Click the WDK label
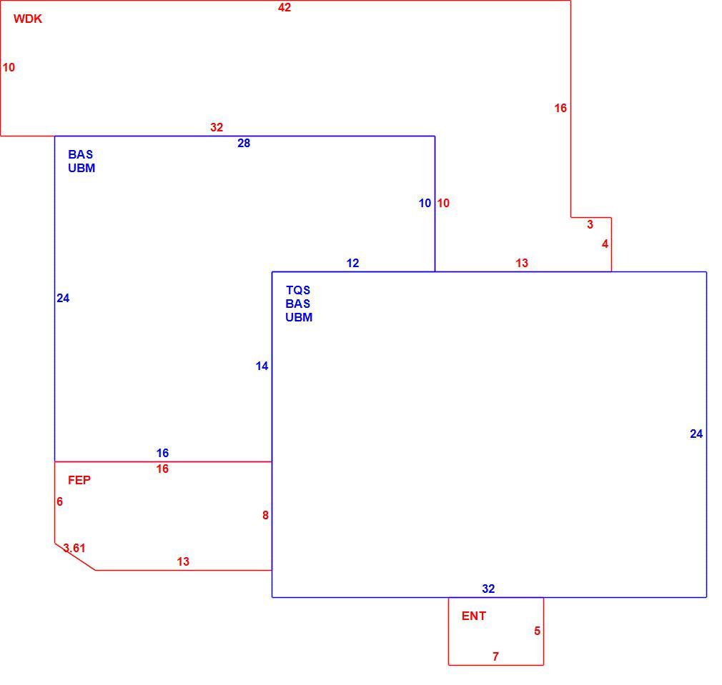[x=28, y=19]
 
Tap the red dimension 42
[x=285, y=7]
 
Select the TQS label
[x=298, y=290]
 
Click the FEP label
[x=79, y=480]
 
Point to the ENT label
[x=474, y=616]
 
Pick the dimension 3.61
[x=74, y=548]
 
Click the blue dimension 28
[x=244, y=143]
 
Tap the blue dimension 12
[x=352, y=263]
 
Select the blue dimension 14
[x=262, y=366]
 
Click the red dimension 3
[x=590, y=224]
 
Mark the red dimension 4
[x=605, y=244]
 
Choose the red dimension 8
[x=265, y=515]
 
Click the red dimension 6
[x=59, y=501]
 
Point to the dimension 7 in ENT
[x=495, y=656]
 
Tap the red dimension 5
[x=537, y=631]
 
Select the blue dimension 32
[x=488, y=589]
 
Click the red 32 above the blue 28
[x=217, y=127]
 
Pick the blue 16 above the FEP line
[x=162, y=453]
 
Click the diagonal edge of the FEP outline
[x=76, y=556]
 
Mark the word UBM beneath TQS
[x=299, y=317]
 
